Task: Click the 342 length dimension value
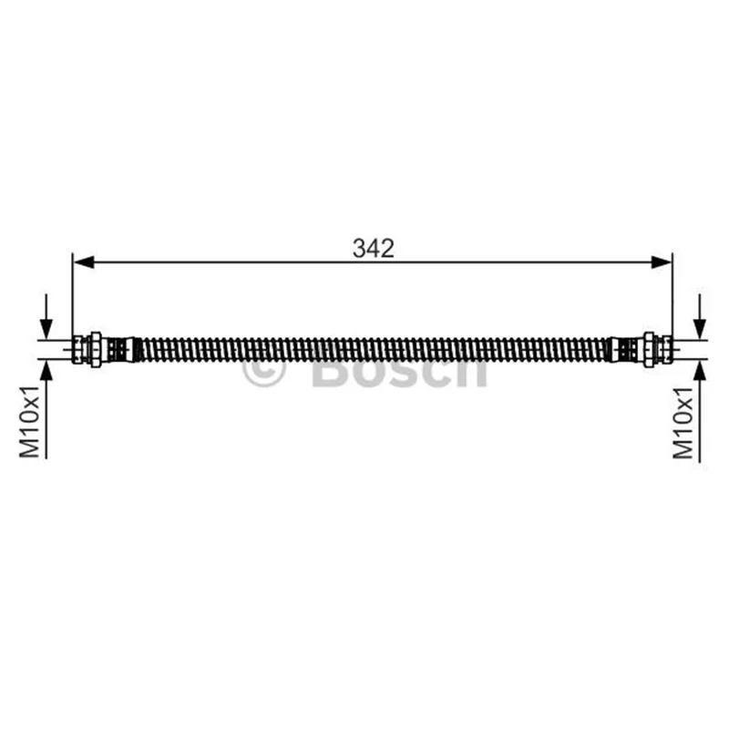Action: click(x=373, y=248)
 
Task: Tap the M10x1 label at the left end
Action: click(x=30, y=422)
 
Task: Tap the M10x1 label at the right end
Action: click(x=683, y=422)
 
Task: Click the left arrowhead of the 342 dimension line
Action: click(x=84, y=262)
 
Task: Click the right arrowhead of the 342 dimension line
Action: click(x=662, y=262)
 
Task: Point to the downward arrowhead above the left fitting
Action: click(x=46, y=329)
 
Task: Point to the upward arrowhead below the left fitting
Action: click(x=46, y=370)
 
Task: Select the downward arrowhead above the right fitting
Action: click(x=700, y=329)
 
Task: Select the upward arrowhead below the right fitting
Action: click(x=700, y=370)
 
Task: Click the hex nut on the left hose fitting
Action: click(x=96, y=350)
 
